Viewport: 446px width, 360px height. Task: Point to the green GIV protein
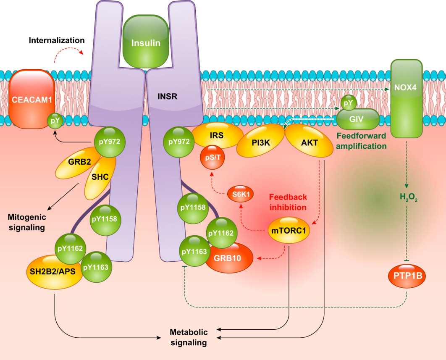[358, 119]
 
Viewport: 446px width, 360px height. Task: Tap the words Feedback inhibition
[288, 202]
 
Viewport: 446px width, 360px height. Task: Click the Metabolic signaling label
[189, 337]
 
